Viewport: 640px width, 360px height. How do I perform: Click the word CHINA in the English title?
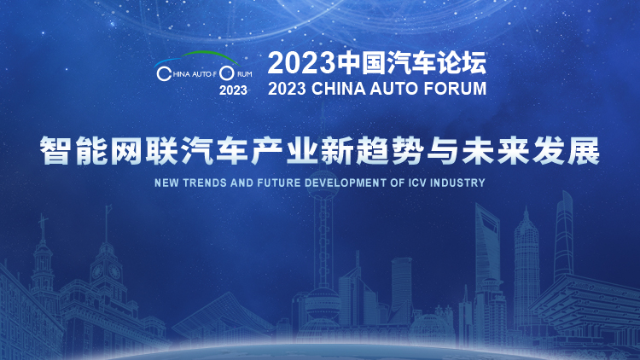(338, 89)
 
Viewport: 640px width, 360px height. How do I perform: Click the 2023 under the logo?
(233, 90)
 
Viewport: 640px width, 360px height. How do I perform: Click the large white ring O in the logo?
(226, 73)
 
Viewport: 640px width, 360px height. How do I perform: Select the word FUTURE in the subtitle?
(279, 183)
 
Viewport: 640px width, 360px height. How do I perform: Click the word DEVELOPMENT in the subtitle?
(346, 183)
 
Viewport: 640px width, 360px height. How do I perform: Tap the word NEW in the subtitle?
(166, 183)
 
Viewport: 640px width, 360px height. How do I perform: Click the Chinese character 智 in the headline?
(55, 151)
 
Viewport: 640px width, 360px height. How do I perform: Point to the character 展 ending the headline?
(585, 151)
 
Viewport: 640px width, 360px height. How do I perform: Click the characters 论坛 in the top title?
(462, 63)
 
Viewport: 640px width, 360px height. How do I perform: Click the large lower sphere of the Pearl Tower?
(323, 303)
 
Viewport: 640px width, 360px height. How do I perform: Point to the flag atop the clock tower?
(109, 208)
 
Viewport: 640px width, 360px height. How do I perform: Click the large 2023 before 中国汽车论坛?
(302, 63)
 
